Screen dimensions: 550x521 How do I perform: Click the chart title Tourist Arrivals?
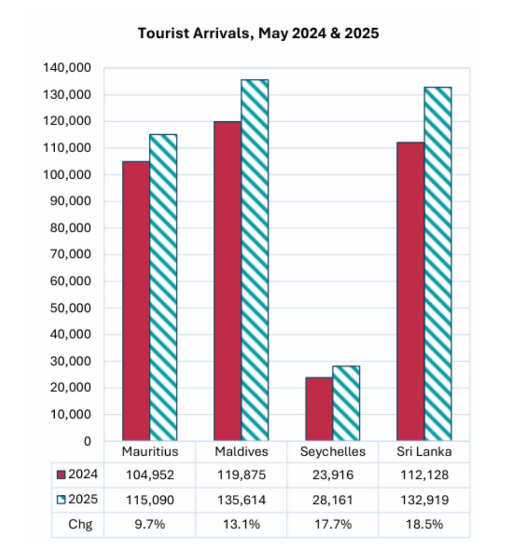pyautogui.click(x=258, y=34)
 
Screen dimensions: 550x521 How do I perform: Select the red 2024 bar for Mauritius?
pyautogui.click(x=136, y=300)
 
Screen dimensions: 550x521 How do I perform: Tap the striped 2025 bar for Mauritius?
pyautogui.click(x=163, y=287)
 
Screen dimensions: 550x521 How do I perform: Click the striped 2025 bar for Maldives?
pyautogui.click(x=255, y=260)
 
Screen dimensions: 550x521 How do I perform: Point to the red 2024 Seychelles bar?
pyautogui.click(x=319, y=409)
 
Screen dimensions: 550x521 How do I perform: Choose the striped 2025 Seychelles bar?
pyautogui.click(x=346, y=403)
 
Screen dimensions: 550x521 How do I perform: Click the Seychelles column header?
pyautogui.click(x=333, y=451)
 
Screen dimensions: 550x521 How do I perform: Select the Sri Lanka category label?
pyautogui.click(x=424, y=451)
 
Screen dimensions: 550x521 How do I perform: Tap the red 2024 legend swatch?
pyautogui.click(x=61, y=475)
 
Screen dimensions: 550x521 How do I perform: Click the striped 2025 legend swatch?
pyautogui.click(x=61, y=500)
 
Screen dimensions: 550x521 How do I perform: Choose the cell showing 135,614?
pyautogui.click(x=240, y=500)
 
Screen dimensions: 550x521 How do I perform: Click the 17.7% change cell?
pyautogui.click(x=333, y=525)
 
